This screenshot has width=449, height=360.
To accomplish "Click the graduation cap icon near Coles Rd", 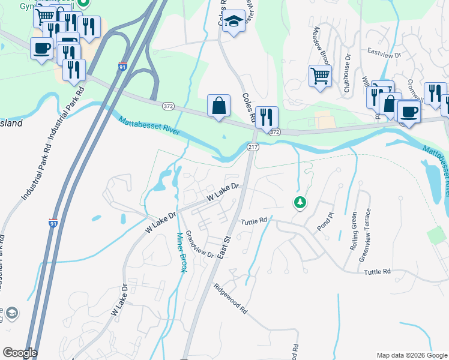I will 234,21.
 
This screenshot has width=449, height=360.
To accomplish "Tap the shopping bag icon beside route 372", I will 219,106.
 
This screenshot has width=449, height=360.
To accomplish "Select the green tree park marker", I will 300,203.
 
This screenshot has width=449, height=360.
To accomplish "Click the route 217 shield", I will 252,147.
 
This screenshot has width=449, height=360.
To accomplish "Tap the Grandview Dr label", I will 199,244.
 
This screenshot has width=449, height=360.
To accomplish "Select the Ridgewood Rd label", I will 231,299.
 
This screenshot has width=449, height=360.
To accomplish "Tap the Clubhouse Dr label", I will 347,73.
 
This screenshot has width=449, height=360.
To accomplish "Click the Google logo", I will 20,353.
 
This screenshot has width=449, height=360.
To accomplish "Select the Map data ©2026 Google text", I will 411,355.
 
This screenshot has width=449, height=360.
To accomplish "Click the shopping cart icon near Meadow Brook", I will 320,76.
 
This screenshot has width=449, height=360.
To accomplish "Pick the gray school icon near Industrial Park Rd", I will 11,313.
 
